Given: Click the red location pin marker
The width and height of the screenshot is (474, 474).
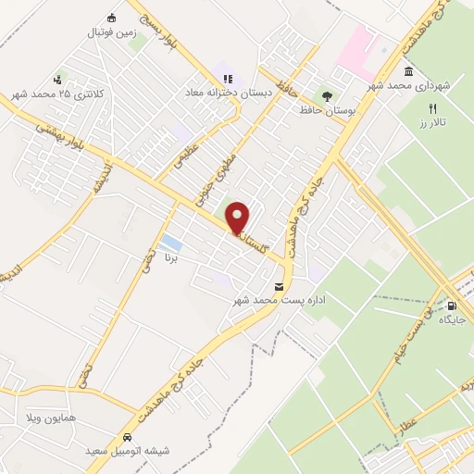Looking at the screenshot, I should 238,218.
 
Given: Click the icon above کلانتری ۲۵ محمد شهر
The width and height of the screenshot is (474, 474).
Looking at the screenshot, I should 58,80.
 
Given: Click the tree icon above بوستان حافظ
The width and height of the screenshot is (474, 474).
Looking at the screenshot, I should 325,95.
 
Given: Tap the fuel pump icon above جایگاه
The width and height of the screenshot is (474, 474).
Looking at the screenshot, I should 451,306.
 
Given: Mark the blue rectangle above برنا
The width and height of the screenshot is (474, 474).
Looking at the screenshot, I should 171,244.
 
